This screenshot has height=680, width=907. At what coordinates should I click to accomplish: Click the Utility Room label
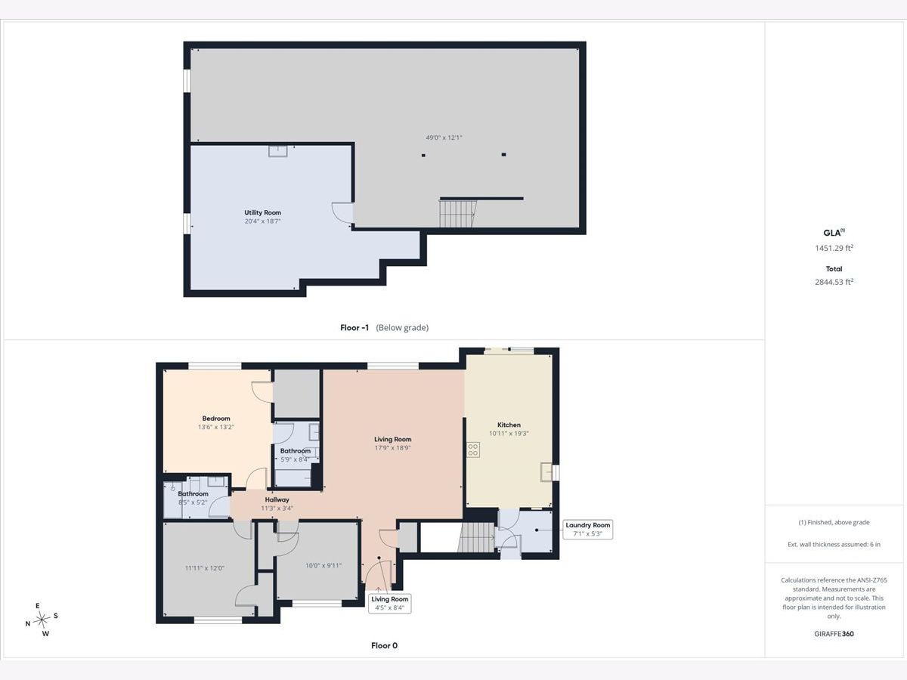(262, 212)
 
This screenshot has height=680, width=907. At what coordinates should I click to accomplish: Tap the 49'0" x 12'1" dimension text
(444, 138)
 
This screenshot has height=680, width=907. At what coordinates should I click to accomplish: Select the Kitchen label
(509, 425)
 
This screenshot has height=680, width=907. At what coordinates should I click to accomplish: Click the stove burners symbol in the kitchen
(473, 450)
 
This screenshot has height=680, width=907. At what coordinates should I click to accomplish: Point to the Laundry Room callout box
(587, 530)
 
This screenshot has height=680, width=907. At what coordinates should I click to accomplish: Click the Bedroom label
(216, 419)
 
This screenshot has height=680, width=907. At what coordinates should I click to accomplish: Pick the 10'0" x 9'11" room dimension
(323, 566)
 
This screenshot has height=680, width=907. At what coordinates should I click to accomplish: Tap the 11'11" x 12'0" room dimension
(205, 568)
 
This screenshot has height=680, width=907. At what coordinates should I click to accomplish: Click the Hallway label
(277, 499)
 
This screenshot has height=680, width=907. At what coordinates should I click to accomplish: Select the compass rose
(42, 620)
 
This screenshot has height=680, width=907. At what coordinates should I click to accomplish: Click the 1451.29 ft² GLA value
(834, 248)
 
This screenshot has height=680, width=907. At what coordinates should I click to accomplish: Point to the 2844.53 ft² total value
(834, 282)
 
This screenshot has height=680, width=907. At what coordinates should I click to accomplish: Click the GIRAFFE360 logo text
(834, 634)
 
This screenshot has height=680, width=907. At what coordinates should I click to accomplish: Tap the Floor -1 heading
(354, 328)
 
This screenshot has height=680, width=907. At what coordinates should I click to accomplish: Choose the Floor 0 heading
(384, 646)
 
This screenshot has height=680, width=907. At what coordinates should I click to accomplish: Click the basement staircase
(457, 214)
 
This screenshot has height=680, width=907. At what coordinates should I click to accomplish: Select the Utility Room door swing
(342, 212)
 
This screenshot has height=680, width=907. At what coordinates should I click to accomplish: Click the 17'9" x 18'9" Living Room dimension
(392, 448)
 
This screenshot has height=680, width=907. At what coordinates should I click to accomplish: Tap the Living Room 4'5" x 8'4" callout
(390, 603)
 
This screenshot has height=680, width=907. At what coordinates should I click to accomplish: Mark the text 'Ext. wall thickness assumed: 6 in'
(834, 545)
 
